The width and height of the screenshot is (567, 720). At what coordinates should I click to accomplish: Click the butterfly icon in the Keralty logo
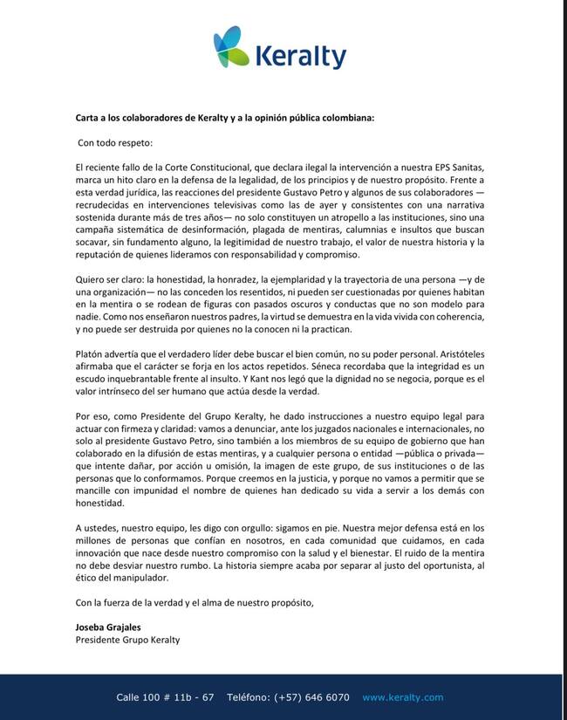coord(232,47)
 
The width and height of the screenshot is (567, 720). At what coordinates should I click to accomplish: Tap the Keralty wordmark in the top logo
coord(300,57)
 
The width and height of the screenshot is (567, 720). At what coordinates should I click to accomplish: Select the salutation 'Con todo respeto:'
coord(115,141)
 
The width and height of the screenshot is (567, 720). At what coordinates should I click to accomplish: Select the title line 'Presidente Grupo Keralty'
coord(127,640)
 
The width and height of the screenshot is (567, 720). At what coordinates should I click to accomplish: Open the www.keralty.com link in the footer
coord(403,697)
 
